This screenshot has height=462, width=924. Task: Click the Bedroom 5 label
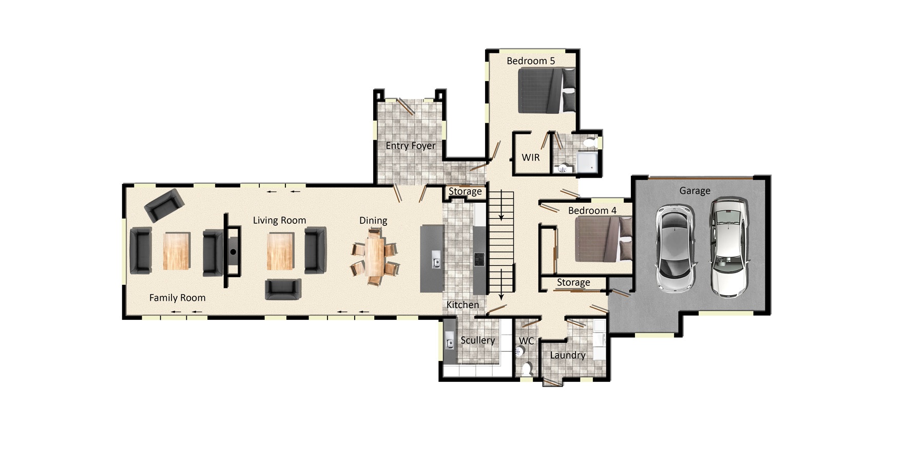[x=530, y=61]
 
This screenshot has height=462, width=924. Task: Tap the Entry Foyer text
[x=410, y=145]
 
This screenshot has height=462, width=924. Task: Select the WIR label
[x=530, y=157]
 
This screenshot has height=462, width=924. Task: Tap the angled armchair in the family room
[x=164, y=204]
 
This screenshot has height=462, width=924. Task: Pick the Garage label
[x=695, y=190]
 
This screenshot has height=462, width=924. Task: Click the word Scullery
[x=477, y=340]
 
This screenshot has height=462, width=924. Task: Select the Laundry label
[x=567, y=355]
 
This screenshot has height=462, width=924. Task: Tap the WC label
[x=526, y=341]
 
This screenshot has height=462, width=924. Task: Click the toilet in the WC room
[x=527, y=368]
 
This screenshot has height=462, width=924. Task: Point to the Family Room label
[x=177, y=297]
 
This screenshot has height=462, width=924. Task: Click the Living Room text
[x=279, y=220]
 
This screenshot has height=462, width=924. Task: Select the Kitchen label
[x=463, y=304]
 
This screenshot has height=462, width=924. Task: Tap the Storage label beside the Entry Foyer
[x=465, y=191]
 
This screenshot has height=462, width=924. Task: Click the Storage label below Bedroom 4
[x=573, y=282]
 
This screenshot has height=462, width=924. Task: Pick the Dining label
[x=373, y=220]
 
